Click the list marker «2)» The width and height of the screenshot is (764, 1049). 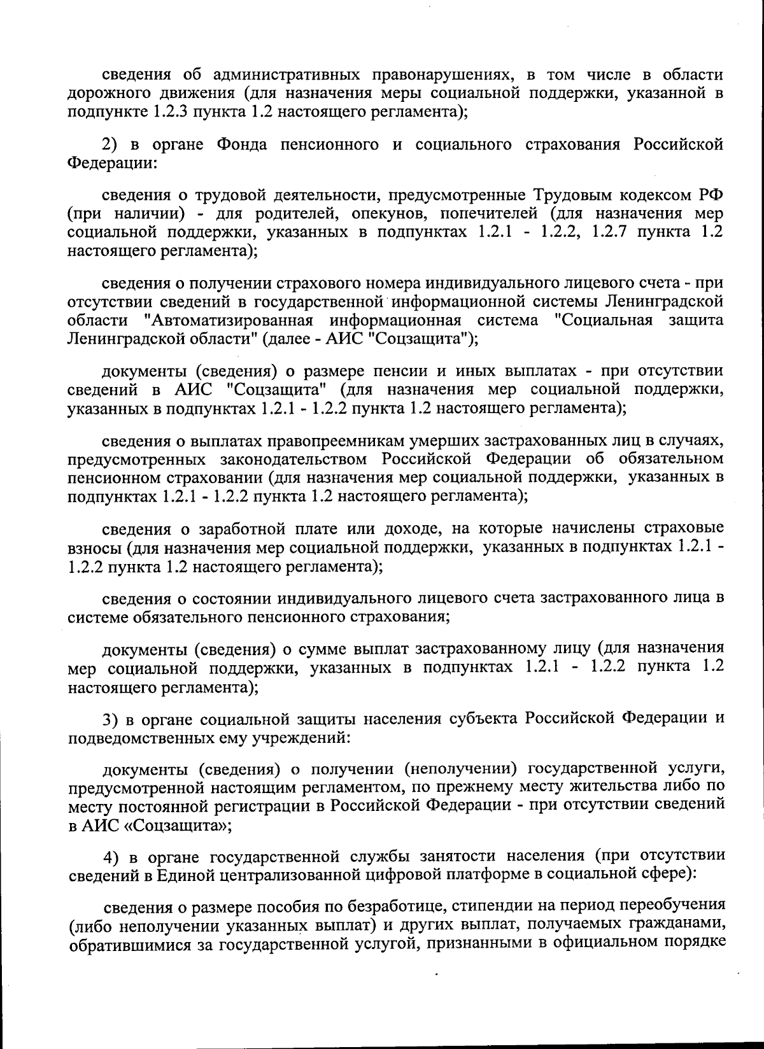(x=112, y=144)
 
